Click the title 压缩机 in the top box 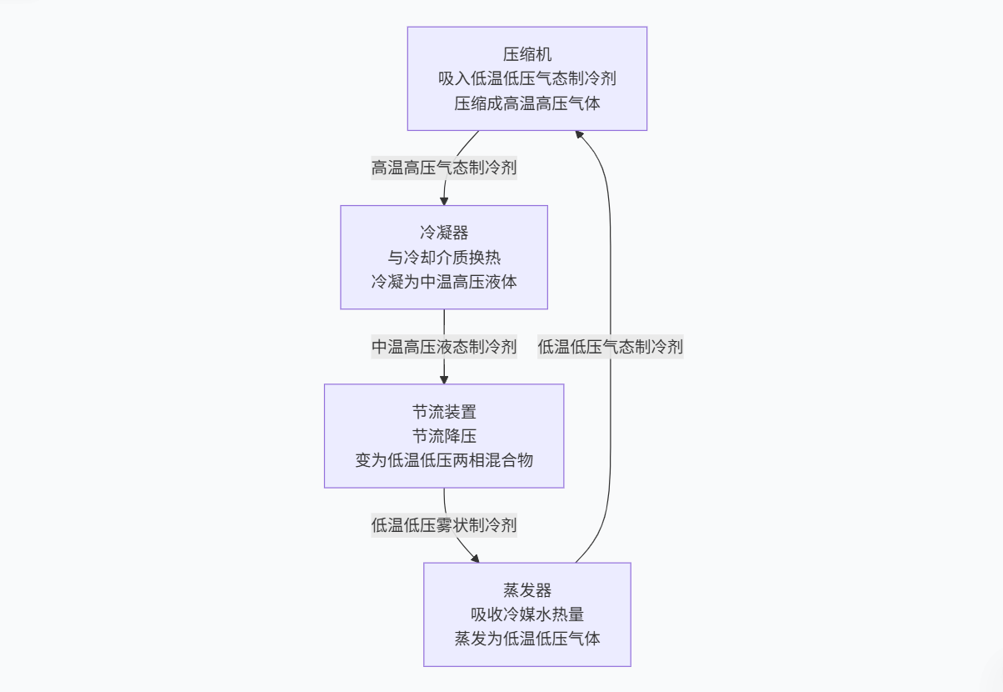pyautogui.click(x=526, y=55)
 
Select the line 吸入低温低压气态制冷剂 pyautogui.click(x=526, y=79)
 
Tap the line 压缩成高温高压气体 pyautogui.click(x=526, y=103)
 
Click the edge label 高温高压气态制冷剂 pyautogui.click(x=444, y=168)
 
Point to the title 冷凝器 pyautogui.click(x=444, y=233)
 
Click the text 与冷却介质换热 pyautogui.click(x=444, y=258)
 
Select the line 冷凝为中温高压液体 pyautogui.click(x=444, y=282)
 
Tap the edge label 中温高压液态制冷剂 pyautogui.click(x=444, y=347)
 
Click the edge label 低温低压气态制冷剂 pyautogui.click(x=610, y=347)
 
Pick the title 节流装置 pyautogui.click(x=444, y=412)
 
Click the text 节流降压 pyautogui.click(x=444, y=436)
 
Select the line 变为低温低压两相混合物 pyautogui.click(x=444, y=460)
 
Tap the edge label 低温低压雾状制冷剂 pyautogui.click(x=444, y=525)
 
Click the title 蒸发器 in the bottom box pyautogui.click(x=526, y=590)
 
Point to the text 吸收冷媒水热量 pyautogui.click(x=526, y=614)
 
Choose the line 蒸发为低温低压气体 pyautogui.click(x=526, y=639)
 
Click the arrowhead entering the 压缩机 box pyautogui.click(x=581, y=135)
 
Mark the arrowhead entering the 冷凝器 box pyautogui.click(x=444, y=200)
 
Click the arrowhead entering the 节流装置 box pyautogui.click(x=444, y=379)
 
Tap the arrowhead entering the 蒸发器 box pyautogui.click(x=476, y=558)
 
